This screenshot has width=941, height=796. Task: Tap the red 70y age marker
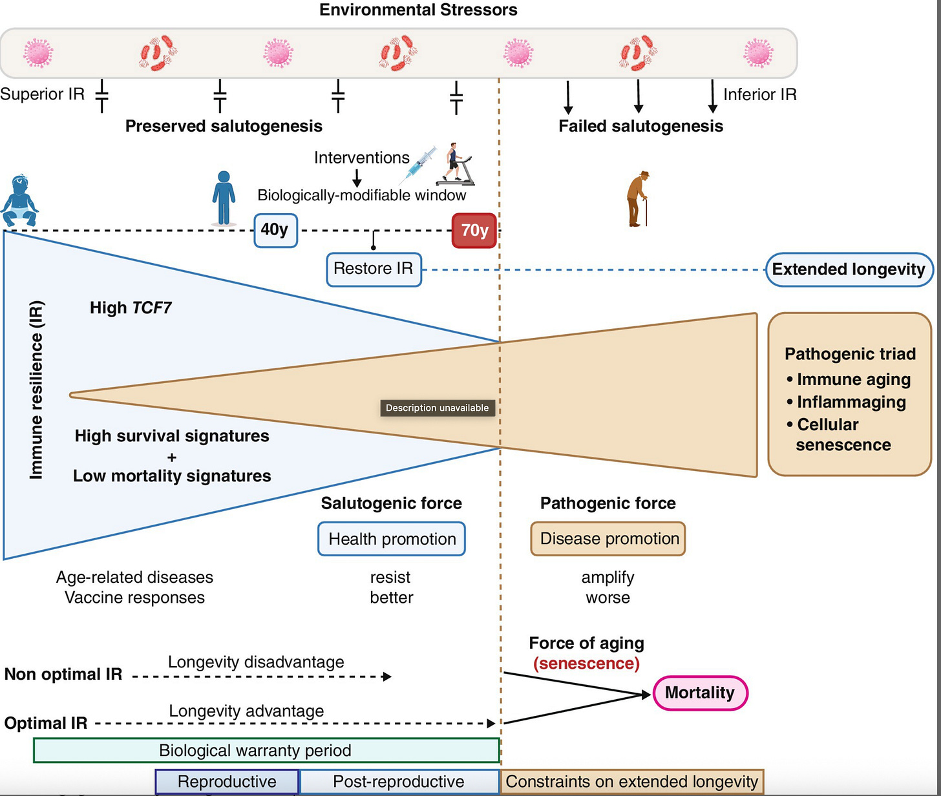click(474, 231)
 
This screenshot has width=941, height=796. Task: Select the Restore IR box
click(374, 269)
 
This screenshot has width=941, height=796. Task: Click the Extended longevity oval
click(849, 269)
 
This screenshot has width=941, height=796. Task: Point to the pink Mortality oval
click(700, 693)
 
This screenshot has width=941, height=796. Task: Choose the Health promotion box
click(392, 539)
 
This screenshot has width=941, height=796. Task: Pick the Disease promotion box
click(608, 538)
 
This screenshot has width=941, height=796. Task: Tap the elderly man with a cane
click(639, 198)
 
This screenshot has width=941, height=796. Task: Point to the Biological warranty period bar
click(266, 750)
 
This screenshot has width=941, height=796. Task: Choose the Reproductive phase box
click(227, 782)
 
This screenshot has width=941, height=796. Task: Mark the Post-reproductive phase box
click(399, 782)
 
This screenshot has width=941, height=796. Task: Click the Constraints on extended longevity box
click(632, 782)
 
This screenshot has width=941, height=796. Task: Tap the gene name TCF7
click(153, 308)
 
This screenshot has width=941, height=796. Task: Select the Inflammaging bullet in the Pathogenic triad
click(851, 402)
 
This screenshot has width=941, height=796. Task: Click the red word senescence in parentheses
click(586, 663)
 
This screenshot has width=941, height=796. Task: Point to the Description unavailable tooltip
click(438, 408)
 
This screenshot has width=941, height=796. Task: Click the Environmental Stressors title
click(419, 10)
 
